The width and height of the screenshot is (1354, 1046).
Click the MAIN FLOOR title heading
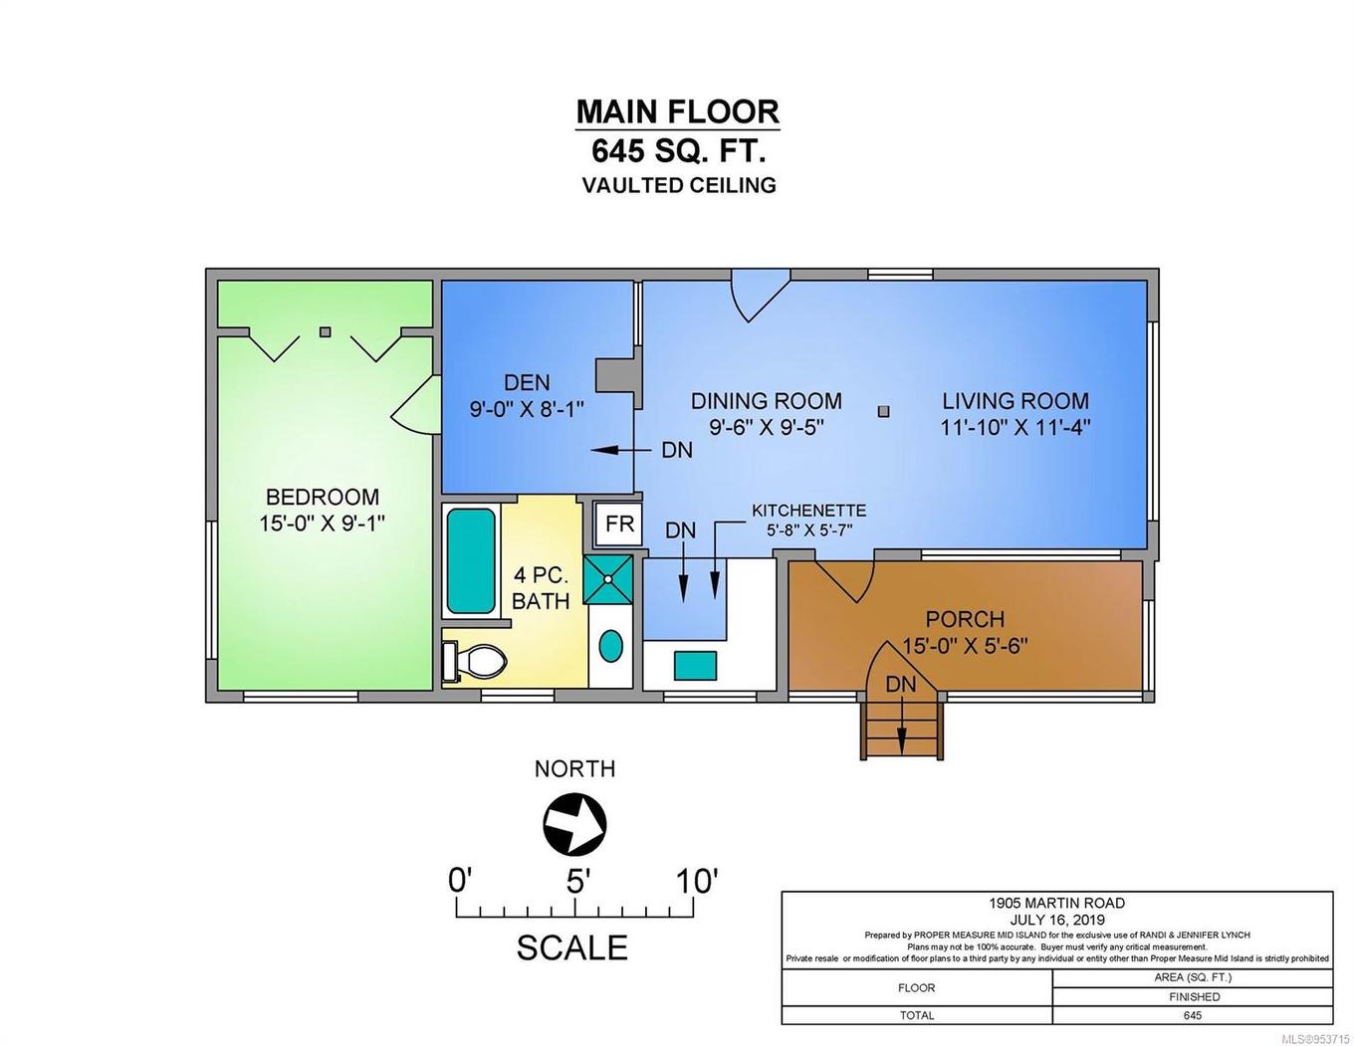(x=677, y=110)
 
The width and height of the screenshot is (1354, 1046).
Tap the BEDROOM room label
(x=322, y=497)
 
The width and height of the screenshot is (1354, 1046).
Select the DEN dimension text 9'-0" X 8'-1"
(x=526, y=408)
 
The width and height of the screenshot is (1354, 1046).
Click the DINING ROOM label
(x=766, y=401)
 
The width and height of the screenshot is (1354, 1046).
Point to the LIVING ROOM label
(x=1015, y=401)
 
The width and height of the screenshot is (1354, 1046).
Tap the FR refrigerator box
(x=618, y=524)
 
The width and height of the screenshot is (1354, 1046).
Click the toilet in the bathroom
(x=475, y=660)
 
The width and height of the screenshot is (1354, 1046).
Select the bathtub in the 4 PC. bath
(x=470, y=561)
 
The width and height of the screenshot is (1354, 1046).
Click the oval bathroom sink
(x=610, y=646)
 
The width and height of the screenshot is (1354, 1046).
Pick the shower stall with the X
(x=607, y=578)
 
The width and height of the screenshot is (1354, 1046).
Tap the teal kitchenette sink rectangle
(x=695, y=665)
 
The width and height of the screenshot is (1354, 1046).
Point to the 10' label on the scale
(x=696, y=881)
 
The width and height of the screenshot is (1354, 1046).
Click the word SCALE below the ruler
(x=571, y=947)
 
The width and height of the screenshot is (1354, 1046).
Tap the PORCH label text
(x=964, y=619)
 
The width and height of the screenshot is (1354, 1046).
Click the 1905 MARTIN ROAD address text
(x=1056, y=903)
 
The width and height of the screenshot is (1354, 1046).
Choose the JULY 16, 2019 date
(x=1056, y=919)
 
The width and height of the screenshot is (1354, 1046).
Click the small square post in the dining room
(x=882, y=410)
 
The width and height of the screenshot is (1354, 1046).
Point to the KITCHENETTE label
(x=808, y=511)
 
